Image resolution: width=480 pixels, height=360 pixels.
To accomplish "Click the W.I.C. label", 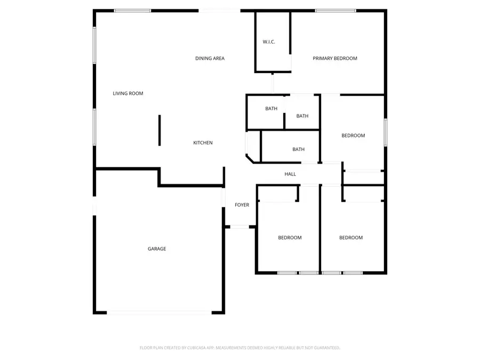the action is point(269,42).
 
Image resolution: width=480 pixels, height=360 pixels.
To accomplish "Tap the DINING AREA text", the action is point(210,58).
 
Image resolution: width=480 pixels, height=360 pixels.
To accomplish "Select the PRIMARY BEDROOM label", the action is point(335,58).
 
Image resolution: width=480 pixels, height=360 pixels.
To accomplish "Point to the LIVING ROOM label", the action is point(128,93).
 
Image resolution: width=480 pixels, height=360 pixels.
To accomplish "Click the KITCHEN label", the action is point(203,142).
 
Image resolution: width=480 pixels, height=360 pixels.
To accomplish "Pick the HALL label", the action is point(290,174).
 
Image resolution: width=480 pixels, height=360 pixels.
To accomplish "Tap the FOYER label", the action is point(242,205).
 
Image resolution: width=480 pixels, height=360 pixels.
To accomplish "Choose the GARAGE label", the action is point(157,249).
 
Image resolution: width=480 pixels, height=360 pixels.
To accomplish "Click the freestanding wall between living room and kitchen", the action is point(159,131).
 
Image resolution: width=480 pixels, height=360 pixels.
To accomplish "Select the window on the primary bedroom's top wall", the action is point(335,11).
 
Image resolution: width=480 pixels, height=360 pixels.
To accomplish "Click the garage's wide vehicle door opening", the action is point(159,313).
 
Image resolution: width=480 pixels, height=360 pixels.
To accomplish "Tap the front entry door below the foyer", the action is point(239,227).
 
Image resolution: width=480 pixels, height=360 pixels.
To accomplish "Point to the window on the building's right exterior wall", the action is point(386,133).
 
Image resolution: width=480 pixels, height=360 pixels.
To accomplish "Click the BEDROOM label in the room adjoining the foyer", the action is point(290,237).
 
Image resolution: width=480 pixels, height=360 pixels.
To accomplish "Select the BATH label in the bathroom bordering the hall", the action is point(299,149).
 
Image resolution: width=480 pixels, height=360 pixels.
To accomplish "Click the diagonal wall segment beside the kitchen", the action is point(250,159).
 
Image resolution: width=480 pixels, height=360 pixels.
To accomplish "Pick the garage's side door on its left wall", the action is point(94,206).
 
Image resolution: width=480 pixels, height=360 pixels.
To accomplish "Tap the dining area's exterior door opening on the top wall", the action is point(220,11).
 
